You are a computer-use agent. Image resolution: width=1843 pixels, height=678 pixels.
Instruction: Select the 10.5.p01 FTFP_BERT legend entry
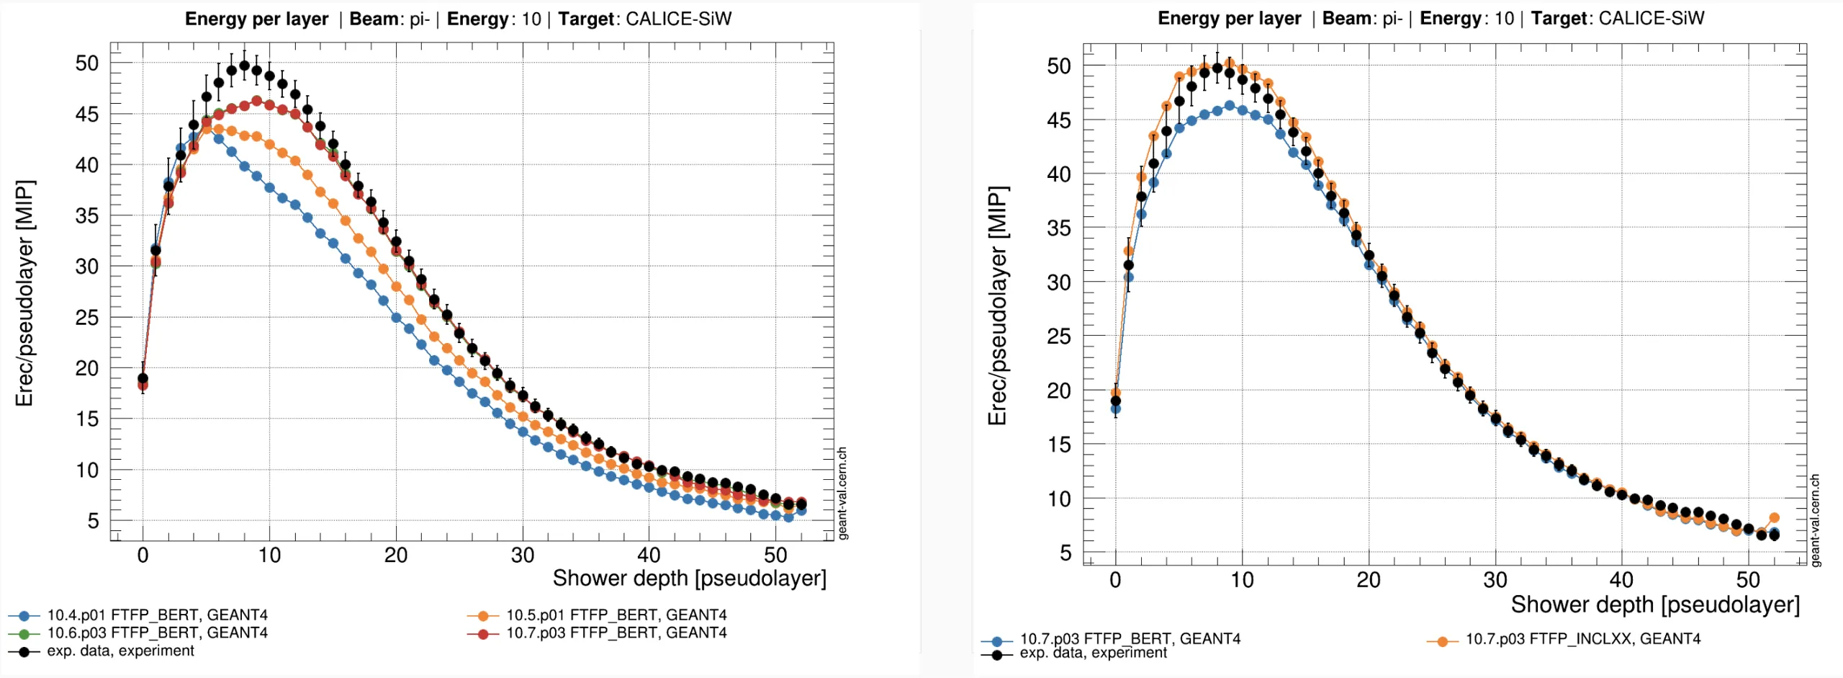point(598,615)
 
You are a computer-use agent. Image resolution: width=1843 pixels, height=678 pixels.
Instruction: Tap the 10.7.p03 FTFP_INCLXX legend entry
point(1564,639)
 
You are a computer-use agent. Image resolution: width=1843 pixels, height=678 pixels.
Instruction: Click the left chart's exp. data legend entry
point(102,651)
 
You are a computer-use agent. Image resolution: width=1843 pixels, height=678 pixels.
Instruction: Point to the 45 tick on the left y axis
point(87,115)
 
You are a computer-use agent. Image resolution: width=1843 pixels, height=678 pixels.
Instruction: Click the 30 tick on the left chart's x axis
point(523,555)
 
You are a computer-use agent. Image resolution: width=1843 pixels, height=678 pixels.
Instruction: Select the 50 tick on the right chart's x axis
point(1748,580)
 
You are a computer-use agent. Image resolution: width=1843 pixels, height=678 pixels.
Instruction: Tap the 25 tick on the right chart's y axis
point(1059,336)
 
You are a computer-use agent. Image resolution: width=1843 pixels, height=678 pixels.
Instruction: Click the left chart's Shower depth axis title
point(690,579)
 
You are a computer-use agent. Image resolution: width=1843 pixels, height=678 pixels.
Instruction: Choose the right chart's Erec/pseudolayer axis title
point(998,306)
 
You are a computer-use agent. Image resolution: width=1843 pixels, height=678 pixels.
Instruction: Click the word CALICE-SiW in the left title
point(678,19)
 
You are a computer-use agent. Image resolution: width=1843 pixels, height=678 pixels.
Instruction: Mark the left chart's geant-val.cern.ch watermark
point(843,493)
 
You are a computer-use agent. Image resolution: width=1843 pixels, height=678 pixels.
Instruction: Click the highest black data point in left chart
point(244,66)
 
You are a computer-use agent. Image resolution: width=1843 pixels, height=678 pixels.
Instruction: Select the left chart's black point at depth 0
point(143,378)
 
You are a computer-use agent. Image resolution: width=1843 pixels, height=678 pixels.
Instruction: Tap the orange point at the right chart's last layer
point(1774,518)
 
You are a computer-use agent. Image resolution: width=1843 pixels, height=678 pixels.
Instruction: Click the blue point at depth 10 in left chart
point(269,187)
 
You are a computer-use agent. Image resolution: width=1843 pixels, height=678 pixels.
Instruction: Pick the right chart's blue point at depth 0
point(1115,409)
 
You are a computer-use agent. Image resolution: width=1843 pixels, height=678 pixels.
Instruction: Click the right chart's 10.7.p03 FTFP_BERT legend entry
point(1111,639)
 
